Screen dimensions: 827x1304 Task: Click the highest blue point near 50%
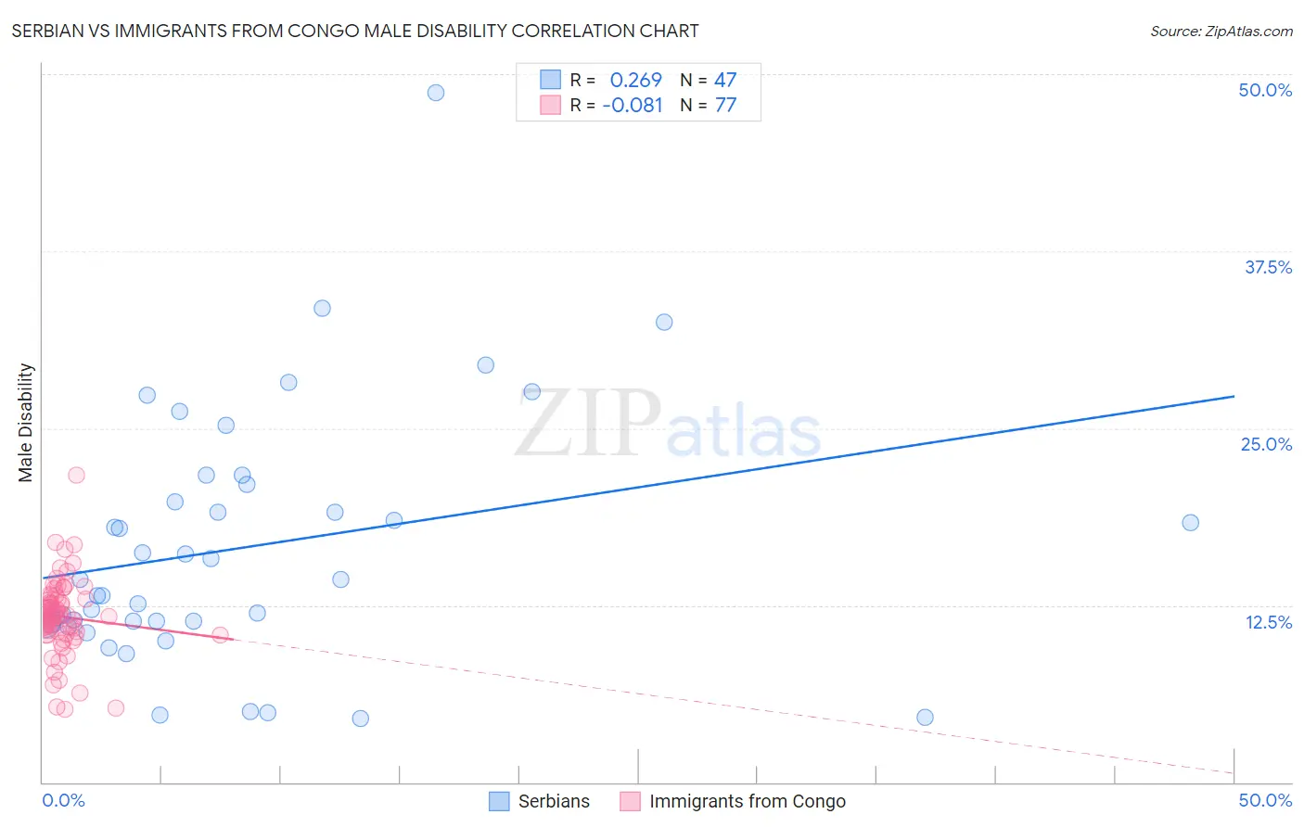[x=436, y=93]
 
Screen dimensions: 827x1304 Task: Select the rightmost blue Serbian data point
[x=1190, y=523]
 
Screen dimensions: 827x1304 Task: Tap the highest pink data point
[x=76, y=475]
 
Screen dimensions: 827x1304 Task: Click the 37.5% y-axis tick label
[x=1268, y=267]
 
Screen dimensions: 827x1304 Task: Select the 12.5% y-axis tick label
[x=1268, y=622]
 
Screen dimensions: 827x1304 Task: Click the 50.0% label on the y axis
[x=1265, y=90]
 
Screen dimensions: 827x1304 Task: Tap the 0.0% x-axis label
[x=63, y=800]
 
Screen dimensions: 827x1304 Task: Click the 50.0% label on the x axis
[x=1265, y=800]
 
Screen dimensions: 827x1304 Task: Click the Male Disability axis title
[x=25, y=423]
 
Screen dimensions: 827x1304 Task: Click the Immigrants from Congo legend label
[x=748, y=801]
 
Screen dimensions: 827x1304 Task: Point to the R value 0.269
[x=636, y=81]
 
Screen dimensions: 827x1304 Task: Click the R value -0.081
[x=633, y=106]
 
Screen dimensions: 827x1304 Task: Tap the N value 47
[x=725, y=81]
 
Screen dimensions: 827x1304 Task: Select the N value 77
[x=725, y=106]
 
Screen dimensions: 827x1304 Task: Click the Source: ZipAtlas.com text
[x=1221, y=32]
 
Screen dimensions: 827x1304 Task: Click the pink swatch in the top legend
[x=551, y=105]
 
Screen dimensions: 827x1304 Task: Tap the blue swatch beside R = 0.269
[x=551, y=80]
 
